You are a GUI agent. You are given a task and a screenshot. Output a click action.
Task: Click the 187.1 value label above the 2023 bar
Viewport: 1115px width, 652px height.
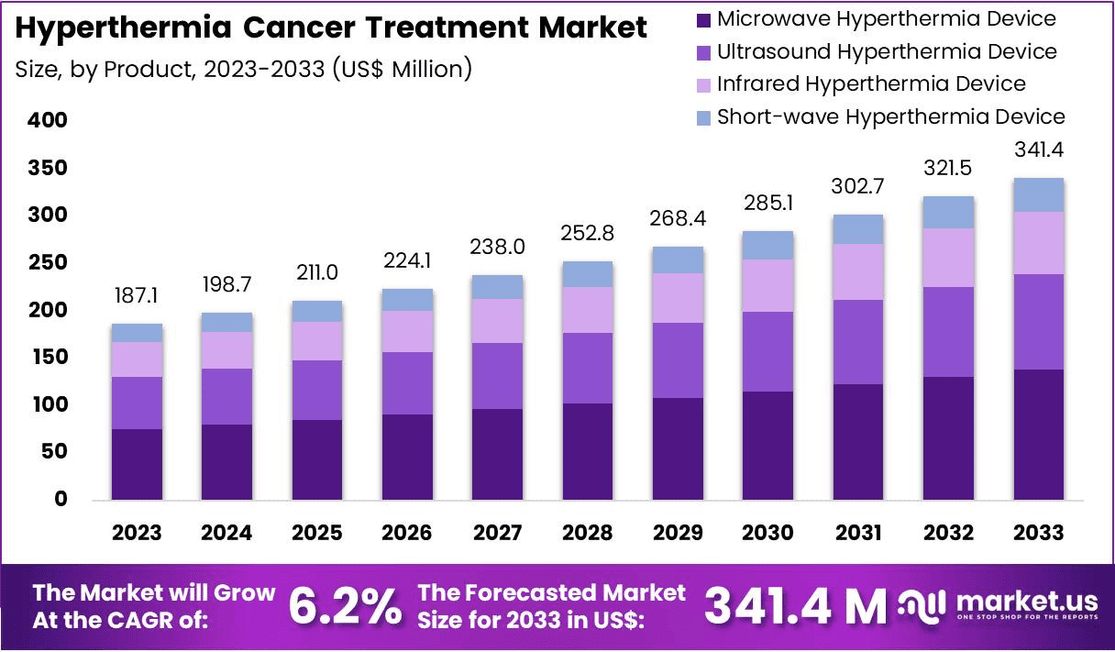click(x=138, y=295)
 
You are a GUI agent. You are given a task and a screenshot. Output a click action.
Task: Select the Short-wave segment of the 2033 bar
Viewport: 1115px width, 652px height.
click(x=1039, y=194)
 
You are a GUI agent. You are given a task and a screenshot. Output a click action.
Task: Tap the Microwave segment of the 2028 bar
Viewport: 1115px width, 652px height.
click(x=588, y=451)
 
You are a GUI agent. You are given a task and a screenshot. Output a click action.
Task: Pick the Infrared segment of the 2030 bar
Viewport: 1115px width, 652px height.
click(x=768, y=285)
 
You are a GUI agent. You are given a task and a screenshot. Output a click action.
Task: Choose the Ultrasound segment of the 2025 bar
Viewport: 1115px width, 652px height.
click(x=317, y=390)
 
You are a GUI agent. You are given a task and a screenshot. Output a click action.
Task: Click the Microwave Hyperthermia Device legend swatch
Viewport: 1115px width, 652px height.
click(x=704, y=19)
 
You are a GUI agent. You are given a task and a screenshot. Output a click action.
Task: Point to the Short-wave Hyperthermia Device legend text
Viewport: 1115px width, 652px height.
click(x=890, y=116)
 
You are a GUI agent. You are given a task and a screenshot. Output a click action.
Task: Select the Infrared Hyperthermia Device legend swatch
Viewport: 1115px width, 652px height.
click(x=704, y=84)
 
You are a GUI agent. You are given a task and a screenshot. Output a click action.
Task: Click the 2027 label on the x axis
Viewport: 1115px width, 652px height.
click(x=498, y=534)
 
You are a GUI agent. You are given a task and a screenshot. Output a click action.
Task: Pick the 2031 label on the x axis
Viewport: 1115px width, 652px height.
click(x=858, y=534)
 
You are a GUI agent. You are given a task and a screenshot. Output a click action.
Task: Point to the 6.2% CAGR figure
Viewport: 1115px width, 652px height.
click(x=345, y=606)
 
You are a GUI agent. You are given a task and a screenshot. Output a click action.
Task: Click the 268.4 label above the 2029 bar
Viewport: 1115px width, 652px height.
click(x=678, y=221)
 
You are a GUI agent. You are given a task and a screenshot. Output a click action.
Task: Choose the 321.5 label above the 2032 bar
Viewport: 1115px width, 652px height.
click(x=948, y=170)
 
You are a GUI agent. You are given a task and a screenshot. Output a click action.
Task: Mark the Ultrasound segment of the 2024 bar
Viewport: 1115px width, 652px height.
click(x=227, y=396)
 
